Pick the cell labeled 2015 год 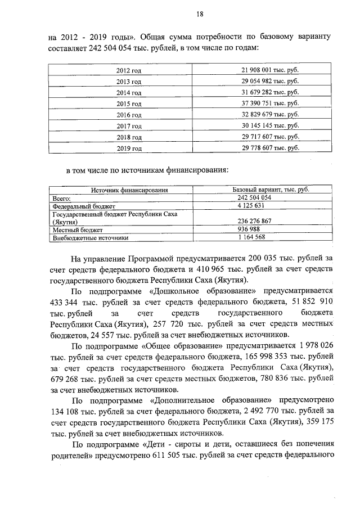pyautogui.click(x=128, y=104)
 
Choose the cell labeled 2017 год pyautogui.click(x=128, y=126)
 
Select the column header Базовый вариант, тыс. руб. pyautogui.click(x=271, y=190)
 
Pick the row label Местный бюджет pyautogui.click(x=70, y=230)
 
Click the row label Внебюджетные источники pyautogui.click(x=82, y=238)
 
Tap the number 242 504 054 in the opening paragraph pyautogui.click(x=112, y=48)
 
